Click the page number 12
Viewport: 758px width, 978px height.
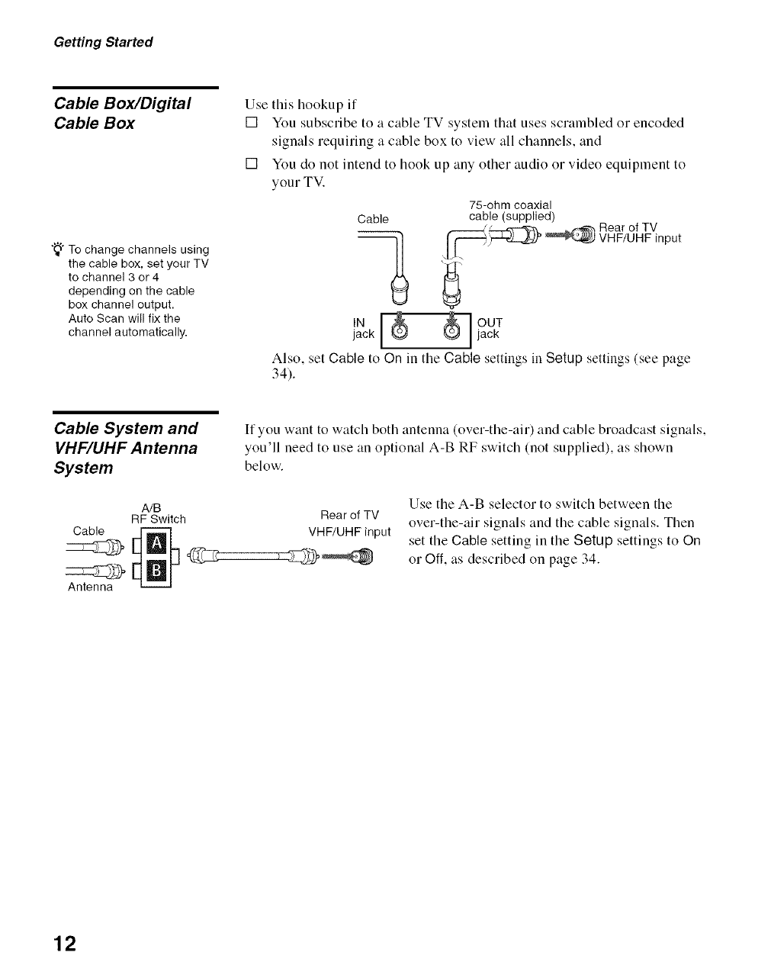click(66, 944)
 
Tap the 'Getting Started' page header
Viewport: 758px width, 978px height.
click(103, 42)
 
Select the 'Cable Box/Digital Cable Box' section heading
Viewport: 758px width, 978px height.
click(122, 113)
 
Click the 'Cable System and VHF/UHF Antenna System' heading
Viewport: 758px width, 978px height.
click(126, 448)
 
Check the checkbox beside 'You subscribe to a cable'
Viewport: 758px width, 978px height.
click(250, 123)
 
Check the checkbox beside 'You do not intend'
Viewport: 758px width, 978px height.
click(250, 164)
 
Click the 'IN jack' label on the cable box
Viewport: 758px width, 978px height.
click(363, 328)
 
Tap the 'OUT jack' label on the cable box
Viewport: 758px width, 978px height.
click(489, 328)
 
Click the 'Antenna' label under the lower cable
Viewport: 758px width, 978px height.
click(90, 587)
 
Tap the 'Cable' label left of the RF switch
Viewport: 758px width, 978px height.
click(88, 530)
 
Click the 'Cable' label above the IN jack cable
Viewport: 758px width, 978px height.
click(373, 220)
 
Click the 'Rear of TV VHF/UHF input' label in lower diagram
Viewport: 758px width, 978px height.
click(349, 523)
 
